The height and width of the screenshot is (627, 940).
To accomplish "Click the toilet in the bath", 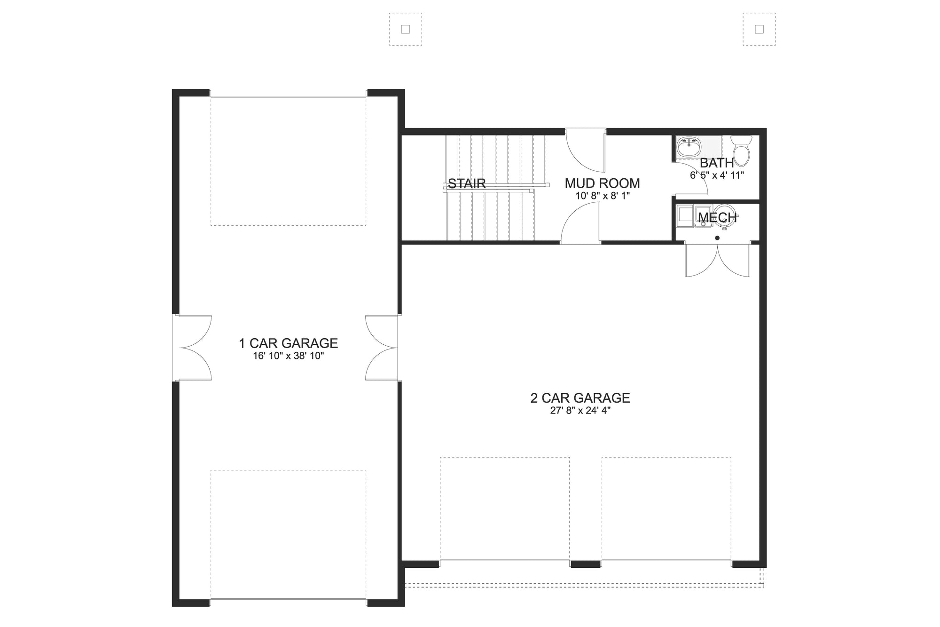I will pos(742,151).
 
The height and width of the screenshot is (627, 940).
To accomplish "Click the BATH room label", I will pos(717,163).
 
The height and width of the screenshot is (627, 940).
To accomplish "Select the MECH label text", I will pos(717,217).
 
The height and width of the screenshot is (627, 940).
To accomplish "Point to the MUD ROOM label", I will pos(602,183).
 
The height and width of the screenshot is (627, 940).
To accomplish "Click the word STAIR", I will pos(467,183).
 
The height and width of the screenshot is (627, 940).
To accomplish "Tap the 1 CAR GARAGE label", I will pos(289,343).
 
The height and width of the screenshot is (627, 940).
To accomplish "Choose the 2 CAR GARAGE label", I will pos(580,398).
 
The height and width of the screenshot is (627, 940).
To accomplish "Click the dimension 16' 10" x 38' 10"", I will pos(289,356).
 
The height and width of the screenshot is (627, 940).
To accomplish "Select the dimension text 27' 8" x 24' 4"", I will pos(580,411).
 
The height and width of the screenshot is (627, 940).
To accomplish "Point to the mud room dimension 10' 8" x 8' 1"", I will pos(602,196).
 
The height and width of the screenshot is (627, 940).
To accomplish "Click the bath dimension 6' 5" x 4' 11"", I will pos(717,175).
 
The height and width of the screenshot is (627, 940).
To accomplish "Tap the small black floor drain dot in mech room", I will pos(717,238).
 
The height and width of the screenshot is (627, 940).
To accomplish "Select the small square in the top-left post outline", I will pos(406,29).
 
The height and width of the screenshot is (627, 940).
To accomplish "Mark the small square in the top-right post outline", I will pos(759,29).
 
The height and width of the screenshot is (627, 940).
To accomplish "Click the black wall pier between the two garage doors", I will pos(585,564).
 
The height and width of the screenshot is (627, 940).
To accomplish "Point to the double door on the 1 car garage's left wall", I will pos(194,348).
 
